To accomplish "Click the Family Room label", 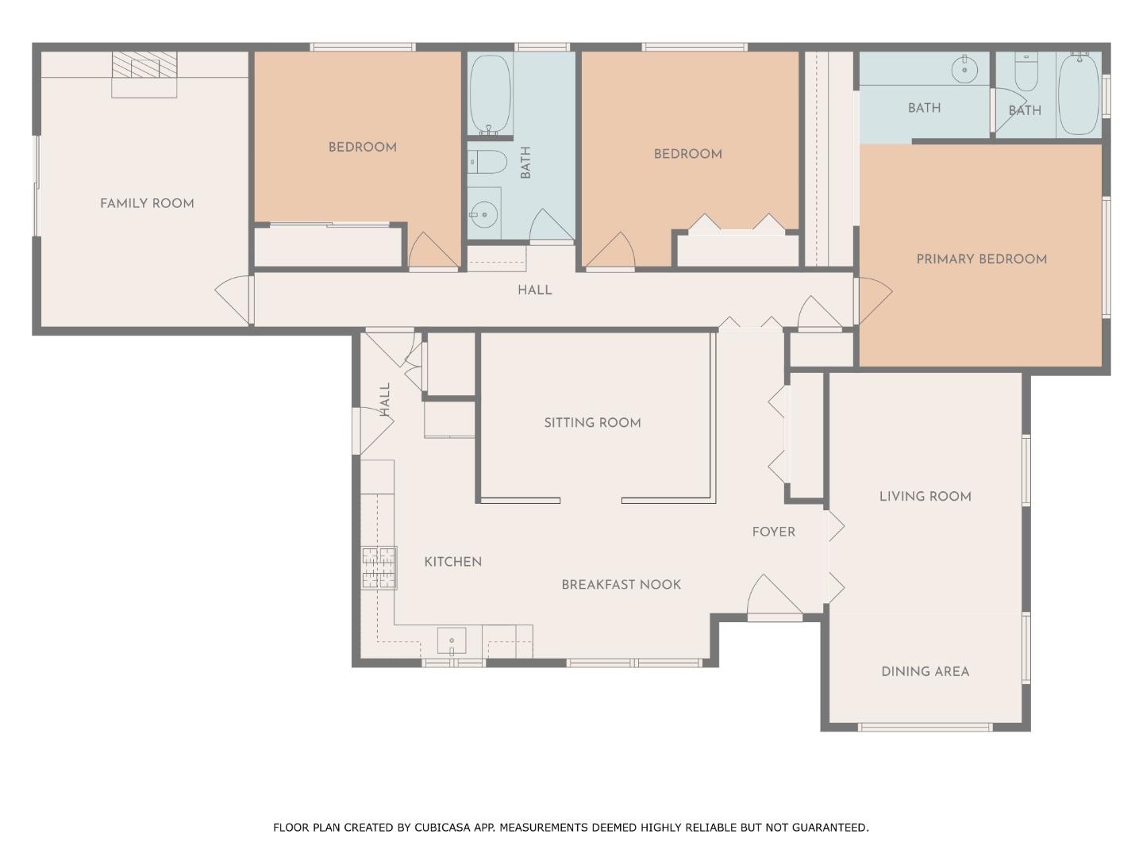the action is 147,203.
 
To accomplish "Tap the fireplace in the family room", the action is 144,74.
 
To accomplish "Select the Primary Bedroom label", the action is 982,259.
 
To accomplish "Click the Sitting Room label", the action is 593,422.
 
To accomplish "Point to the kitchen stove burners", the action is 379,568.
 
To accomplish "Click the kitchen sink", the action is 452,641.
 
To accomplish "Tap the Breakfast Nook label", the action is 622,584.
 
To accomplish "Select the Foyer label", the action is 774,532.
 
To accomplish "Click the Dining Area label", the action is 926,672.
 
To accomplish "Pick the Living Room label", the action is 926,497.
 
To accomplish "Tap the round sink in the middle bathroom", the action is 483,214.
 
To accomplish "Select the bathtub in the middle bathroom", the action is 491,94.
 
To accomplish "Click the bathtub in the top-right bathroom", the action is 1079,94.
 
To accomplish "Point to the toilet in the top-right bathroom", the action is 1026,71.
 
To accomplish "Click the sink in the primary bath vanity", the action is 964,69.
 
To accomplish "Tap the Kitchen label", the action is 453,562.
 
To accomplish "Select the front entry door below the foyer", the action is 775,598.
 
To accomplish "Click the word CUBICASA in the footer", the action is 441,827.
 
